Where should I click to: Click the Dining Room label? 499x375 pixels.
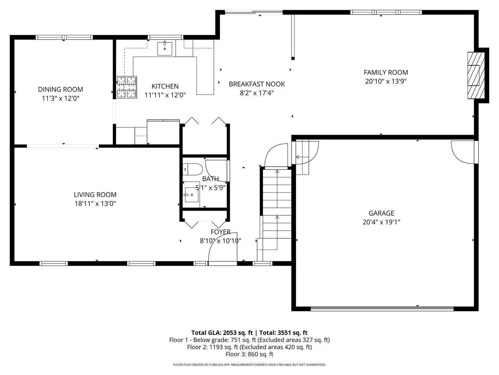click(61, 89)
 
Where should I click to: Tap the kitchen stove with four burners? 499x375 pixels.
click(126, 87)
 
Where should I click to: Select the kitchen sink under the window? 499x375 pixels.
click(165, 48)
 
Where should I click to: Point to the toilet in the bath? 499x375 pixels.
click(193, 169)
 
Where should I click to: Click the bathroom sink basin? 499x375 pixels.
click(192, 195)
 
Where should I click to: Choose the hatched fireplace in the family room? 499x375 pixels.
click(476, 75)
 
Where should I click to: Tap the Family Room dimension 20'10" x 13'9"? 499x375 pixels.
click(386, 81)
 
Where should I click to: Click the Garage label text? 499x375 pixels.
click(381, 213)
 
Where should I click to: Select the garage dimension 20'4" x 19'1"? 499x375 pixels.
click(381, 222)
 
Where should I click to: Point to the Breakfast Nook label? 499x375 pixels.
click(257, 84)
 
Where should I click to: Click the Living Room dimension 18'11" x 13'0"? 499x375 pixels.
click(95, 203)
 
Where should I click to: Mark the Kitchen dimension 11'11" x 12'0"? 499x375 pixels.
click(165, 95)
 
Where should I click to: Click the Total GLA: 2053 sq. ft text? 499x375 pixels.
click(222, 333)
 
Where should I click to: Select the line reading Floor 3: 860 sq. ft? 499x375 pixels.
click(249, 354)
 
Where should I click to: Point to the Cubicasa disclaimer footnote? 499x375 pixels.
click(249, 365)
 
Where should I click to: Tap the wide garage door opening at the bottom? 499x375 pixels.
click(382, 309)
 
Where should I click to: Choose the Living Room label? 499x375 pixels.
click(95, 195)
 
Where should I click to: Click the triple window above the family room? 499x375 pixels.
click(386, 12)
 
